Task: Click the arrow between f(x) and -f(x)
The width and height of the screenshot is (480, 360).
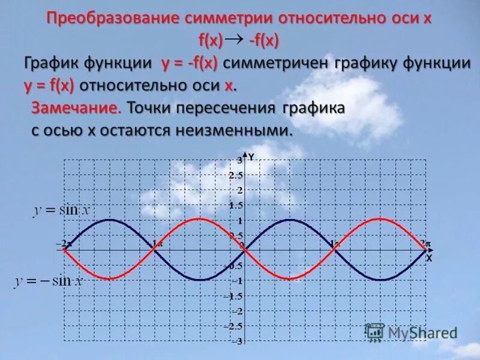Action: tap(236, 40)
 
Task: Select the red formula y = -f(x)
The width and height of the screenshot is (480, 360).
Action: tap(189, 64)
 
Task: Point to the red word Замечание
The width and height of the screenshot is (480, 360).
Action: tap(76, 109)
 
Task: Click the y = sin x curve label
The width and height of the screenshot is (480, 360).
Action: tap(61, 210)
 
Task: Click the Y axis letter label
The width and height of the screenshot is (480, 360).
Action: tap(251, 157)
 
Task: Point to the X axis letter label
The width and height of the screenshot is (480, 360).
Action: tap(429, 259)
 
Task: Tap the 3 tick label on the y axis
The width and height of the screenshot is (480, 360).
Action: tap(239, 160)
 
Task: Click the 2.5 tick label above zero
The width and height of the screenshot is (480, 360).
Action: tap(236, 175)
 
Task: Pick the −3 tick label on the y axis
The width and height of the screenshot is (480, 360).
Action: tap(237, 341)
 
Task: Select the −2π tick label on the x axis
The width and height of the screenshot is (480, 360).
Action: tap(64, 244)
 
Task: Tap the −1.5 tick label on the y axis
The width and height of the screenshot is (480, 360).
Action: tap(234, 296)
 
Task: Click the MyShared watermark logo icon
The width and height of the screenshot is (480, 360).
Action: tap(374, 332)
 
